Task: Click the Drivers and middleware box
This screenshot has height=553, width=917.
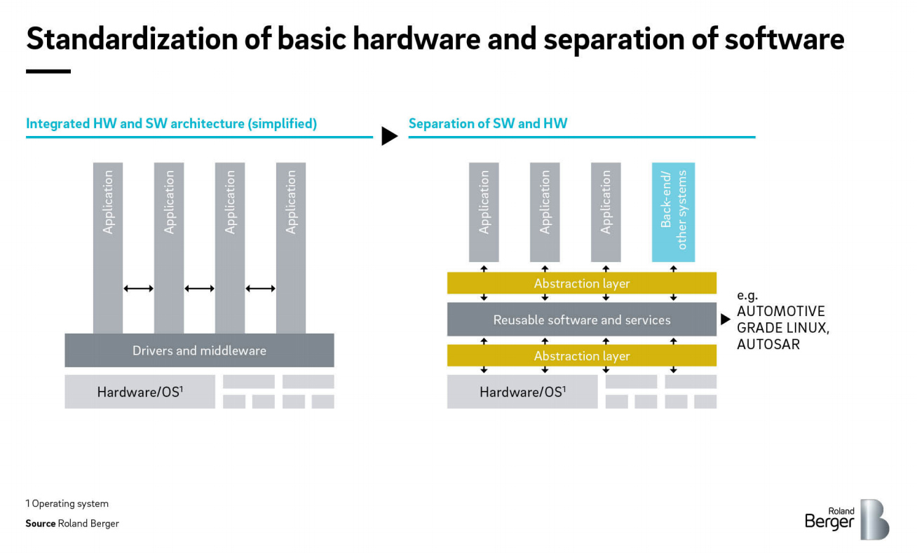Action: pos(199,350)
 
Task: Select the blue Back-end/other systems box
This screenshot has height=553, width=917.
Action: pos(674,212)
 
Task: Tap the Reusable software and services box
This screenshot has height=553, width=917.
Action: pos(582,320)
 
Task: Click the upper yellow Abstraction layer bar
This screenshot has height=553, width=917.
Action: pos(582,283)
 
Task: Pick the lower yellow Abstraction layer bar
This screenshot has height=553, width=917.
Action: pos(582,356)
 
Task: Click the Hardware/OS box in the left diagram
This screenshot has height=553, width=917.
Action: pos(140,392)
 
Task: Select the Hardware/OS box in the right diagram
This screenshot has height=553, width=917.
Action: pos(522,392)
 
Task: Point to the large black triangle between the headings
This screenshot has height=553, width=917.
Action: pos(389,136)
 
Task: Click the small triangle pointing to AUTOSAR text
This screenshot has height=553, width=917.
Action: pos(726,320)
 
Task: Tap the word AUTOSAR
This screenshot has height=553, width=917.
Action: pos(768,345)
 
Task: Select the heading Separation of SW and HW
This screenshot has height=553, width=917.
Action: pos(488,123)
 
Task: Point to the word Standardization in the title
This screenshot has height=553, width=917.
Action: pos(132,39)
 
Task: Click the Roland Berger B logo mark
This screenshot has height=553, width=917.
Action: pos(875,519)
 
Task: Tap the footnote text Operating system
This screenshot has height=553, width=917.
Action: pos(70,504)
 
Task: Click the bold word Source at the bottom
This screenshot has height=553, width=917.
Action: pos(41,524)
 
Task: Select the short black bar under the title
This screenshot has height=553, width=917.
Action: pos(48,71)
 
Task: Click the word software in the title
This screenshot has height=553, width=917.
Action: pos(784,39)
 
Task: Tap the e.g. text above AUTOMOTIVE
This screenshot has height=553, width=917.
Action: pos(747,296)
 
